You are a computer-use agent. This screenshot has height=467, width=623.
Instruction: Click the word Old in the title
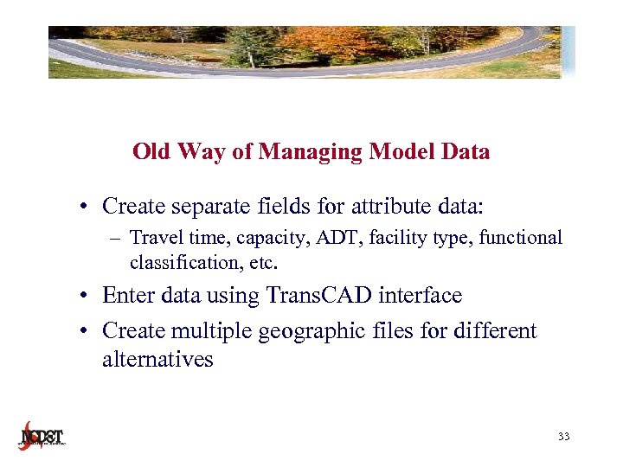pos(152,152)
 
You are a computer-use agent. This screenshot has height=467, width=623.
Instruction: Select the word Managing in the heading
pos(309,152)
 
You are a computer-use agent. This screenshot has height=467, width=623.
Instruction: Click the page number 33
pos(563,438)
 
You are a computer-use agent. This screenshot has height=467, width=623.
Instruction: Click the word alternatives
pos(157,360)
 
